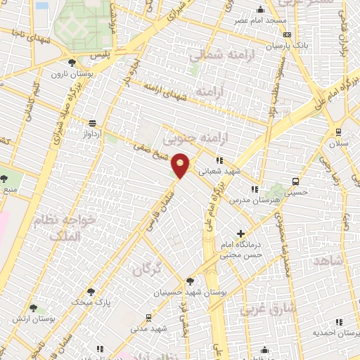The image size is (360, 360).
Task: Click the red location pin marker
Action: (x=181, y=166)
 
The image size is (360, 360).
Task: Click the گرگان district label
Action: (x=146, y=268)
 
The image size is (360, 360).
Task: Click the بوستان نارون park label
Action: (x=67, y=73)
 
